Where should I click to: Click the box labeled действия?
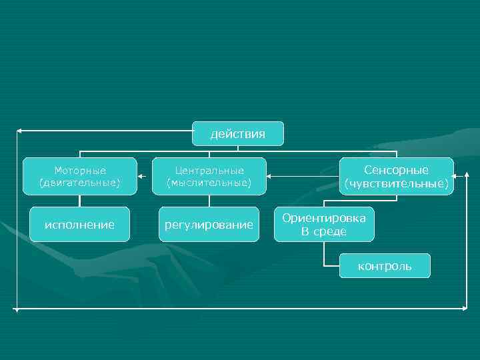coord(238,134)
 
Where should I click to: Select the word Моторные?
coord(80,171)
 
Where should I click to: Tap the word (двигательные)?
coord(80,182)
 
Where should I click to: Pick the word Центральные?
coord(209,171)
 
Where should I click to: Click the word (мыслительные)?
coord(209,182)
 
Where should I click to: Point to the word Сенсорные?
coord(396,170)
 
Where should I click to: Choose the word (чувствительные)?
coord(396,183)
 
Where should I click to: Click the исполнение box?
coord(79,225)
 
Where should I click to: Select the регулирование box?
coord(209,225)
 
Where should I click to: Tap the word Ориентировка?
coord(324,218)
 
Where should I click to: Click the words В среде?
coord(324,231)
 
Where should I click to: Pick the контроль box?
coord(385,267)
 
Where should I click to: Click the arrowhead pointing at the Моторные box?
coord(141,177)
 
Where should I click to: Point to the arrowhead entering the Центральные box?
coord(270,177)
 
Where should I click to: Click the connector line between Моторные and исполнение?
coord(79,201)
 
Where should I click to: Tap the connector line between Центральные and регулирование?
coord(209,201)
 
